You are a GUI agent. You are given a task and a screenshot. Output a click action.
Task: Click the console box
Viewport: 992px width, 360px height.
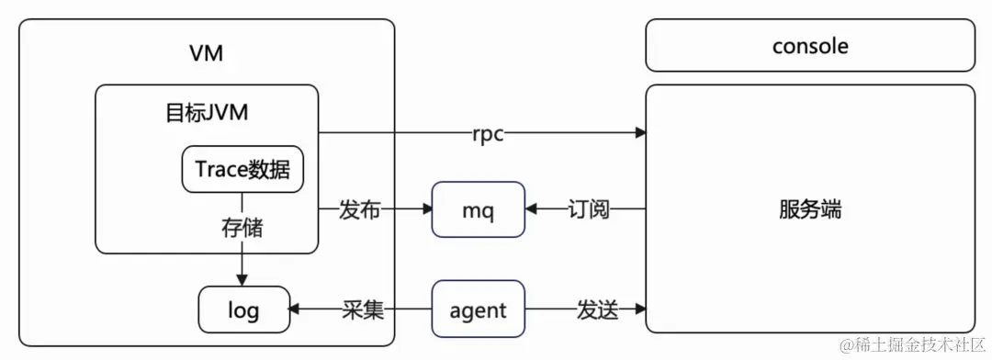point(809,45)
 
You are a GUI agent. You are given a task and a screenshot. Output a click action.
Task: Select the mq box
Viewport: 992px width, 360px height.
point(478,210)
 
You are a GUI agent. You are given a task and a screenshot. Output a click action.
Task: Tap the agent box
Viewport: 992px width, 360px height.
point(478,309)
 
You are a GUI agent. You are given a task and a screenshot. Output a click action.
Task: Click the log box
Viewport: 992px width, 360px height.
point(243,310)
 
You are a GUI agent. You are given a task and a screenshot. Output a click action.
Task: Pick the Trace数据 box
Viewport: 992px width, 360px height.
point(242,169)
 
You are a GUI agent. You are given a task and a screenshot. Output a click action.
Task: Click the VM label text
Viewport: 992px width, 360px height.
point(206,53)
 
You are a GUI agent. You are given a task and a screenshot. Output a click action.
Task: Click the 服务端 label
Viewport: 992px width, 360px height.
point(809,209)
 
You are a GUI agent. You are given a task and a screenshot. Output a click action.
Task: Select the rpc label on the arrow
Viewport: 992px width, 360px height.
point(487,134)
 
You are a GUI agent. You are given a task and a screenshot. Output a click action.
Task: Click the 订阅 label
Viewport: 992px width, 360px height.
point(588,210)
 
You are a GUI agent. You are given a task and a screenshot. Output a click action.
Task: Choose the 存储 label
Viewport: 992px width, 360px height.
point(242,227)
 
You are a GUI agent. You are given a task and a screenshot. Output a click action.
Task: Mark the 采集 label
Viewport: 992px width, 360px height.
point(362,310)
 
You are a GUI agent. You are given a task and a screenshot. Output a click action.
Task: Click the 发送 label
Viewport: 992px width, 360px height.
point(597,310)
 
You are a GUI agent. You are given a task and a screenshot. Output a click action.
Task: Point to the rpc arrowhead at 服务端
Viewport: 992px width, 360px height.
point(639,134)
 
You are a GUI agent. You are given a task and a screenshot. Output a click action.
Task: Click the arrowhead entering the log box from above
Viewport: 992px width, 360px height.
point(242,280)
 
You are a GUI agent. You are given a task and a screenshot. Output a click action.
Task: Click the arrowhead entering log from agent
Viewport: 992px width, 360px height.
point(296,310)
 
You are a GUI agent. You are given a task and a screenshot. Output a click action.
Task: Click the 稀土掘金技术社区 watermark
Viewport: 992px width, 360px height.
point(909,344)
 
